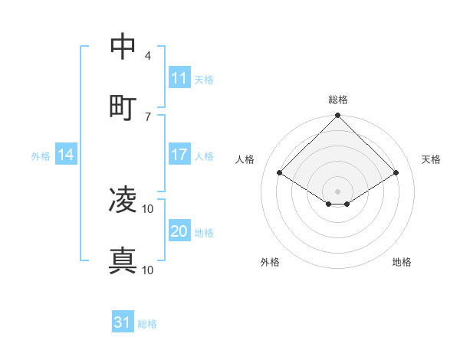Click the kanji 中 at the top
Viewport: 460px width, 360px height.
pos(123,47)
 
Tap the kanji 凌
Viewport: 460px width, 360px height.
pos(123,200)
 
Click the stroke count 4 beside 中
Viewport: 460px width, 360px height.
pos(147,56)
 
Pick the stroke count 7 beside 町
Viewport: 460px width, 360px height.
pos(147,116)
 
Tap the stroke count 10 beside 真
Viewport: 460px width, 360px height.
pos(148,270)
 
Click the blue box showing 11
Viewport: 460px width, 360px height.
pos(179,78)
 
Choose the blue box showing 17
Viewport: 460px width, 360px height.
pos(179,155)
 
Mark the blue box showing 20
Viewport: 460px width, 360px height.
pos(179,231)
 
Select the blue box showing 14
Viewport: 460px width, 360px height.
pos(66,155)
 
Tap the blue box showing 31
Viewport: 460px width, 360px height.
pos(123,322)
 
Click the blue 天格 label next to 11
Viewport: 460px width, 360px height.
pos(204,79)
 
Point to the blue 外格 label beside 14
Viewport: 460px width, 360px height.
pos(41,156)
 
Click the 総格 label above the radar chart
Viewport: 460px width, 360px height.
pos(338,100)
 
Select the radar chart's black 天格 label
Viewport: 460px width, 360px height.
pos(431,159)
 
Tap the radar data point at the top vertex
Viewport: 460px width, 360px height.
pos(338,116)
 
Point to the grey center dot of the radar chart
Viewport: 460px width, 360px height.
pos(338,191)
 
